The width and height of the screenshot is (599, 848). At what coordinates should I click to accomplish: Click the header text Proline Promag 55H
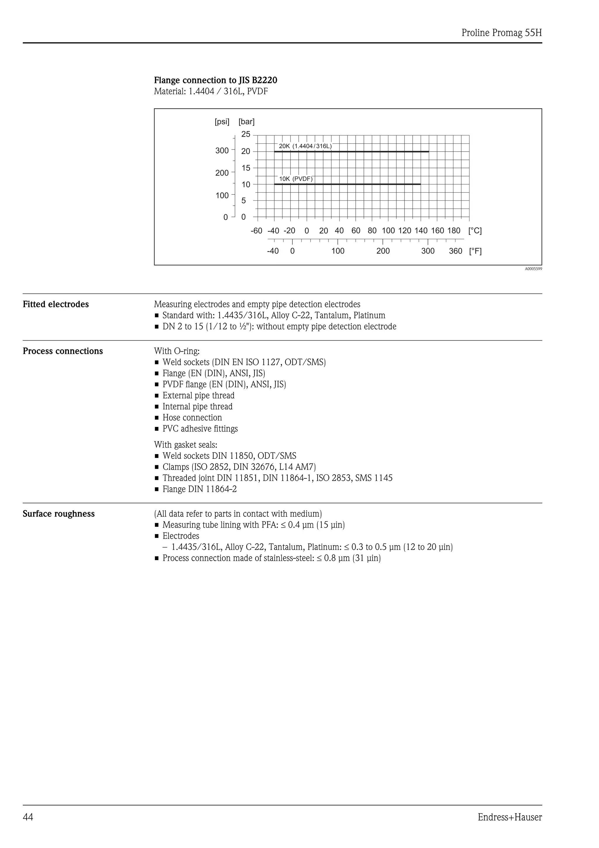tap(501, 33)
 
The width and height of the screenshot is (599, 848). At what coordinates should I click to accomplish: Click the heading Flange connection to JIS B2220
tap(215, 80)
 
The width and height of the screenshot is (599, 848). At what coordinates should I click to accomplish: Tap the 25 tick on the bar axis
tap(246, 134)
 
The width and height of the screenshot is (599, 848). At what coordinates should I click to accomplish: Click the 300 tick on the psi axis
tap(222, 151)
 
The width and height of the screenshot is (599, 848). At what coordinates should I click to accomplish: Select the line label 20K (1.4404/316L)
tap(305, 146)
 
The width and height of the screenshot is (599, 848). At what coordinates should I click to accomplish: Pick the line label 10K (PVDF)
tap(296, 179)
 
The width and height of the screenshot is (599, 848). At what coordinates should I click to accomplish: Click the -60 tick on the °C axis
tap(256, 231)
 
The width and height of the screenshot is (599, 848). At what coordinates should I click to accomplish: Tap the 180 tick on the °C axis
tap(454, 231)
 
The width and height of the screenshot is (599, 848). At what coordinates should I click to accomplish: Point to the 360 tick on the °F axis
tap(455, 251)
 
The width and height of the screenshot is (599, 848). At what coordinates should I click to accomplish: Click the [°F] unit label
tap(475, 251)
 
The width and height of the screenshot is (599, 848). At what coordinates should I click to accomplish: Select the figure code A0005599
tap(533, 269)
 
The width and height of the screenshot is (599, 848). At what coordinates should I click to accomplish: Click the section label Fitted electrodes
tap(56, 304)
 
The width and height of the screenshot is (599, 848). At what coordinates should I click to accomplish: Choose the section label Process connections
tap(63, 351)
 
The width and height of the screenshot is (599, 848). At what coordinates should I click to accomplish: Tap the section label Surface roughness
tap(59, 514)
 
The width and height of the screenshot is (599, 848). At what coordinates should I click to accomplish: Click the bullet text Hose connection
tap(192, 418)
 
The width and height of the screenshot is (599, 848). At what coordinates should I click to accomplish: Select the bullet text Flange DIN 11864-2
tap(200, 489)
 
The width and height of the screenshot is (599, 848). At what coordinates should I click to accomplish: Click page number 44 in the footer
tap(28, 817)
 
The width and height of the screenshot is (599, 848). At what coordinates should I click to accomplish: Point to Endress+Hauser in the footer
tap(510, 817)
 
